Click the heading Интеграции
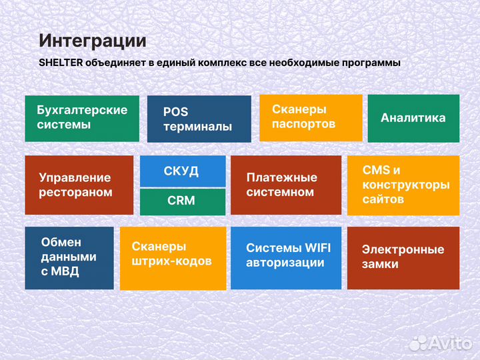(x=92, y=41)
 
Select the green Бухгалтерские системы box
(x=82, y=118)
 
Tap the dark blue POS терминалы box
(x=199, y=119)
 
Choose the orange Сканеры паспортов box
(x=311, y=117)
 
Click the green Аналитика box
(x=413, y=118)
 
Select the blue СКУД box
(x=182, y=171)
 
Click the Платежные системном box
(x=285, y=185)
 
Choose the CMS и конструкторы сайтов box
(x=403, y=185)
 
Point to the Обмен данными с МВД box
(x=69, y=257)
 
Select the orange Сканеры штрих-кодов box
(x=172, y=257)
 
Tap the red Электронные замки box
(x=403, y=257)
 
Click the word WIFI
(x=317, y=248)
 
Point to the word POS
(x=175, y=112)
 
